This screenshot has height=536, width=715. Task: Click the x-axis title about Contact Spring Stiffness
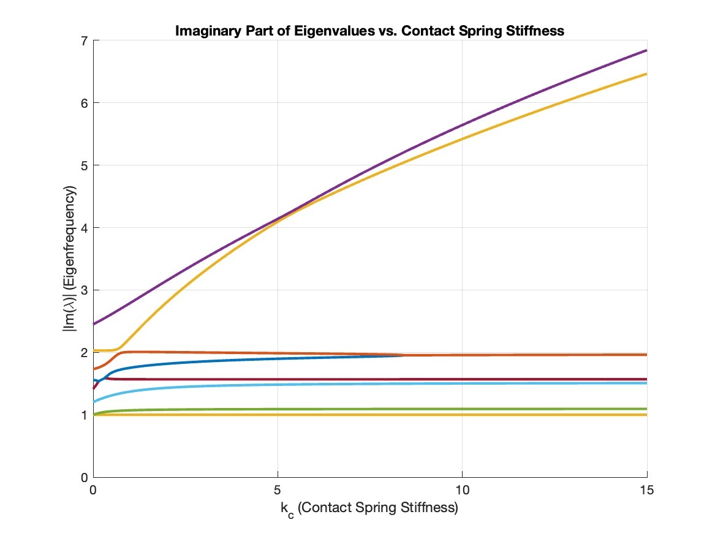pyautogui.click(x=369, y=509)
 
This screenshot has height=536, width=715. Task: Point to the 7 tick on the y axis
pyautogui.click(x=85, y=41)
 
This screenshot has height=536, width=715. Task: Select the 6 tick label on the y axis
pyautogui.click(x=85, y=104)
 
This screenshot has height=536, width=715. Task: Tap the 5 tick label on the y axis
pyautogui.click(x=85, y=166)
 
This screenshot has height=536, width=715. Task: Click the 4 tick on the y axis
pyautogui.click(x=85, y=228)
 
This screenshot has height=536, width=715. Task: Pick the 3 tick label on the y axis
pyautogui.click(x=85, y=290)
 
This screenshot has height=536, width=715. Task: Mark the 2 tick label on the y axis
pyautogui.click(x=85, y=353)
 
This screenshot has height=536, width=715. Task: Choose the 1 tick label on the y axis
pyautogui.click(x=85, y=415)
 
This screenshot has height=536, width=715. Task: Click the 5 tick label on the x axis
pyautogui.click(x=278, y=490)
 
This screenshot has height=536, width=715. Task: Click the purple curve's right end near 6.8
pyautogui.click(x=646, y=51)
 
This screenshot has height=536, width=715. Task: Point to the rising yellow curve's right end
pyautogui.click(x=646, y=74)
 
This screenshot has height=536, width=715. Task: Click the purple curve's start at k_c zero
pyautogui.click(x=94, y=324)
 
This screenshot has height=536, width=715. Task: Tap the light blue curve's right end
pyautogui.click(x=646, y=383)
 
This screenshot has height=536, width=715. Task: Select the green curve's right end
pyautogui.click(x=646, y=409)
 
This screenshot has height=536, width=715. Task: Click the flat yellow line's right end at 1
pyautogui.click(x=646, y=415)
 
